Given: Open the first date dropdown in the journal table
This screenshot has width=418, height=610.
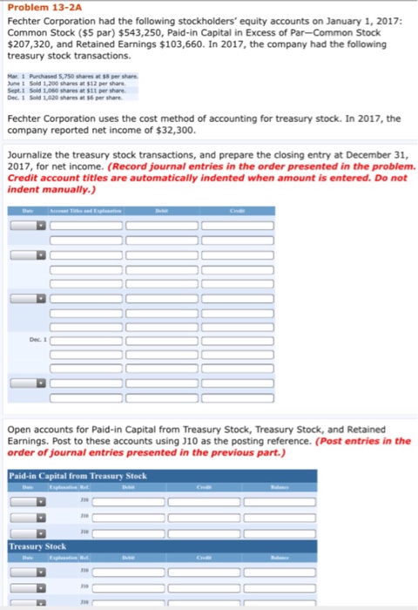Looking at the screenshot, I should click(40, 226).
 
